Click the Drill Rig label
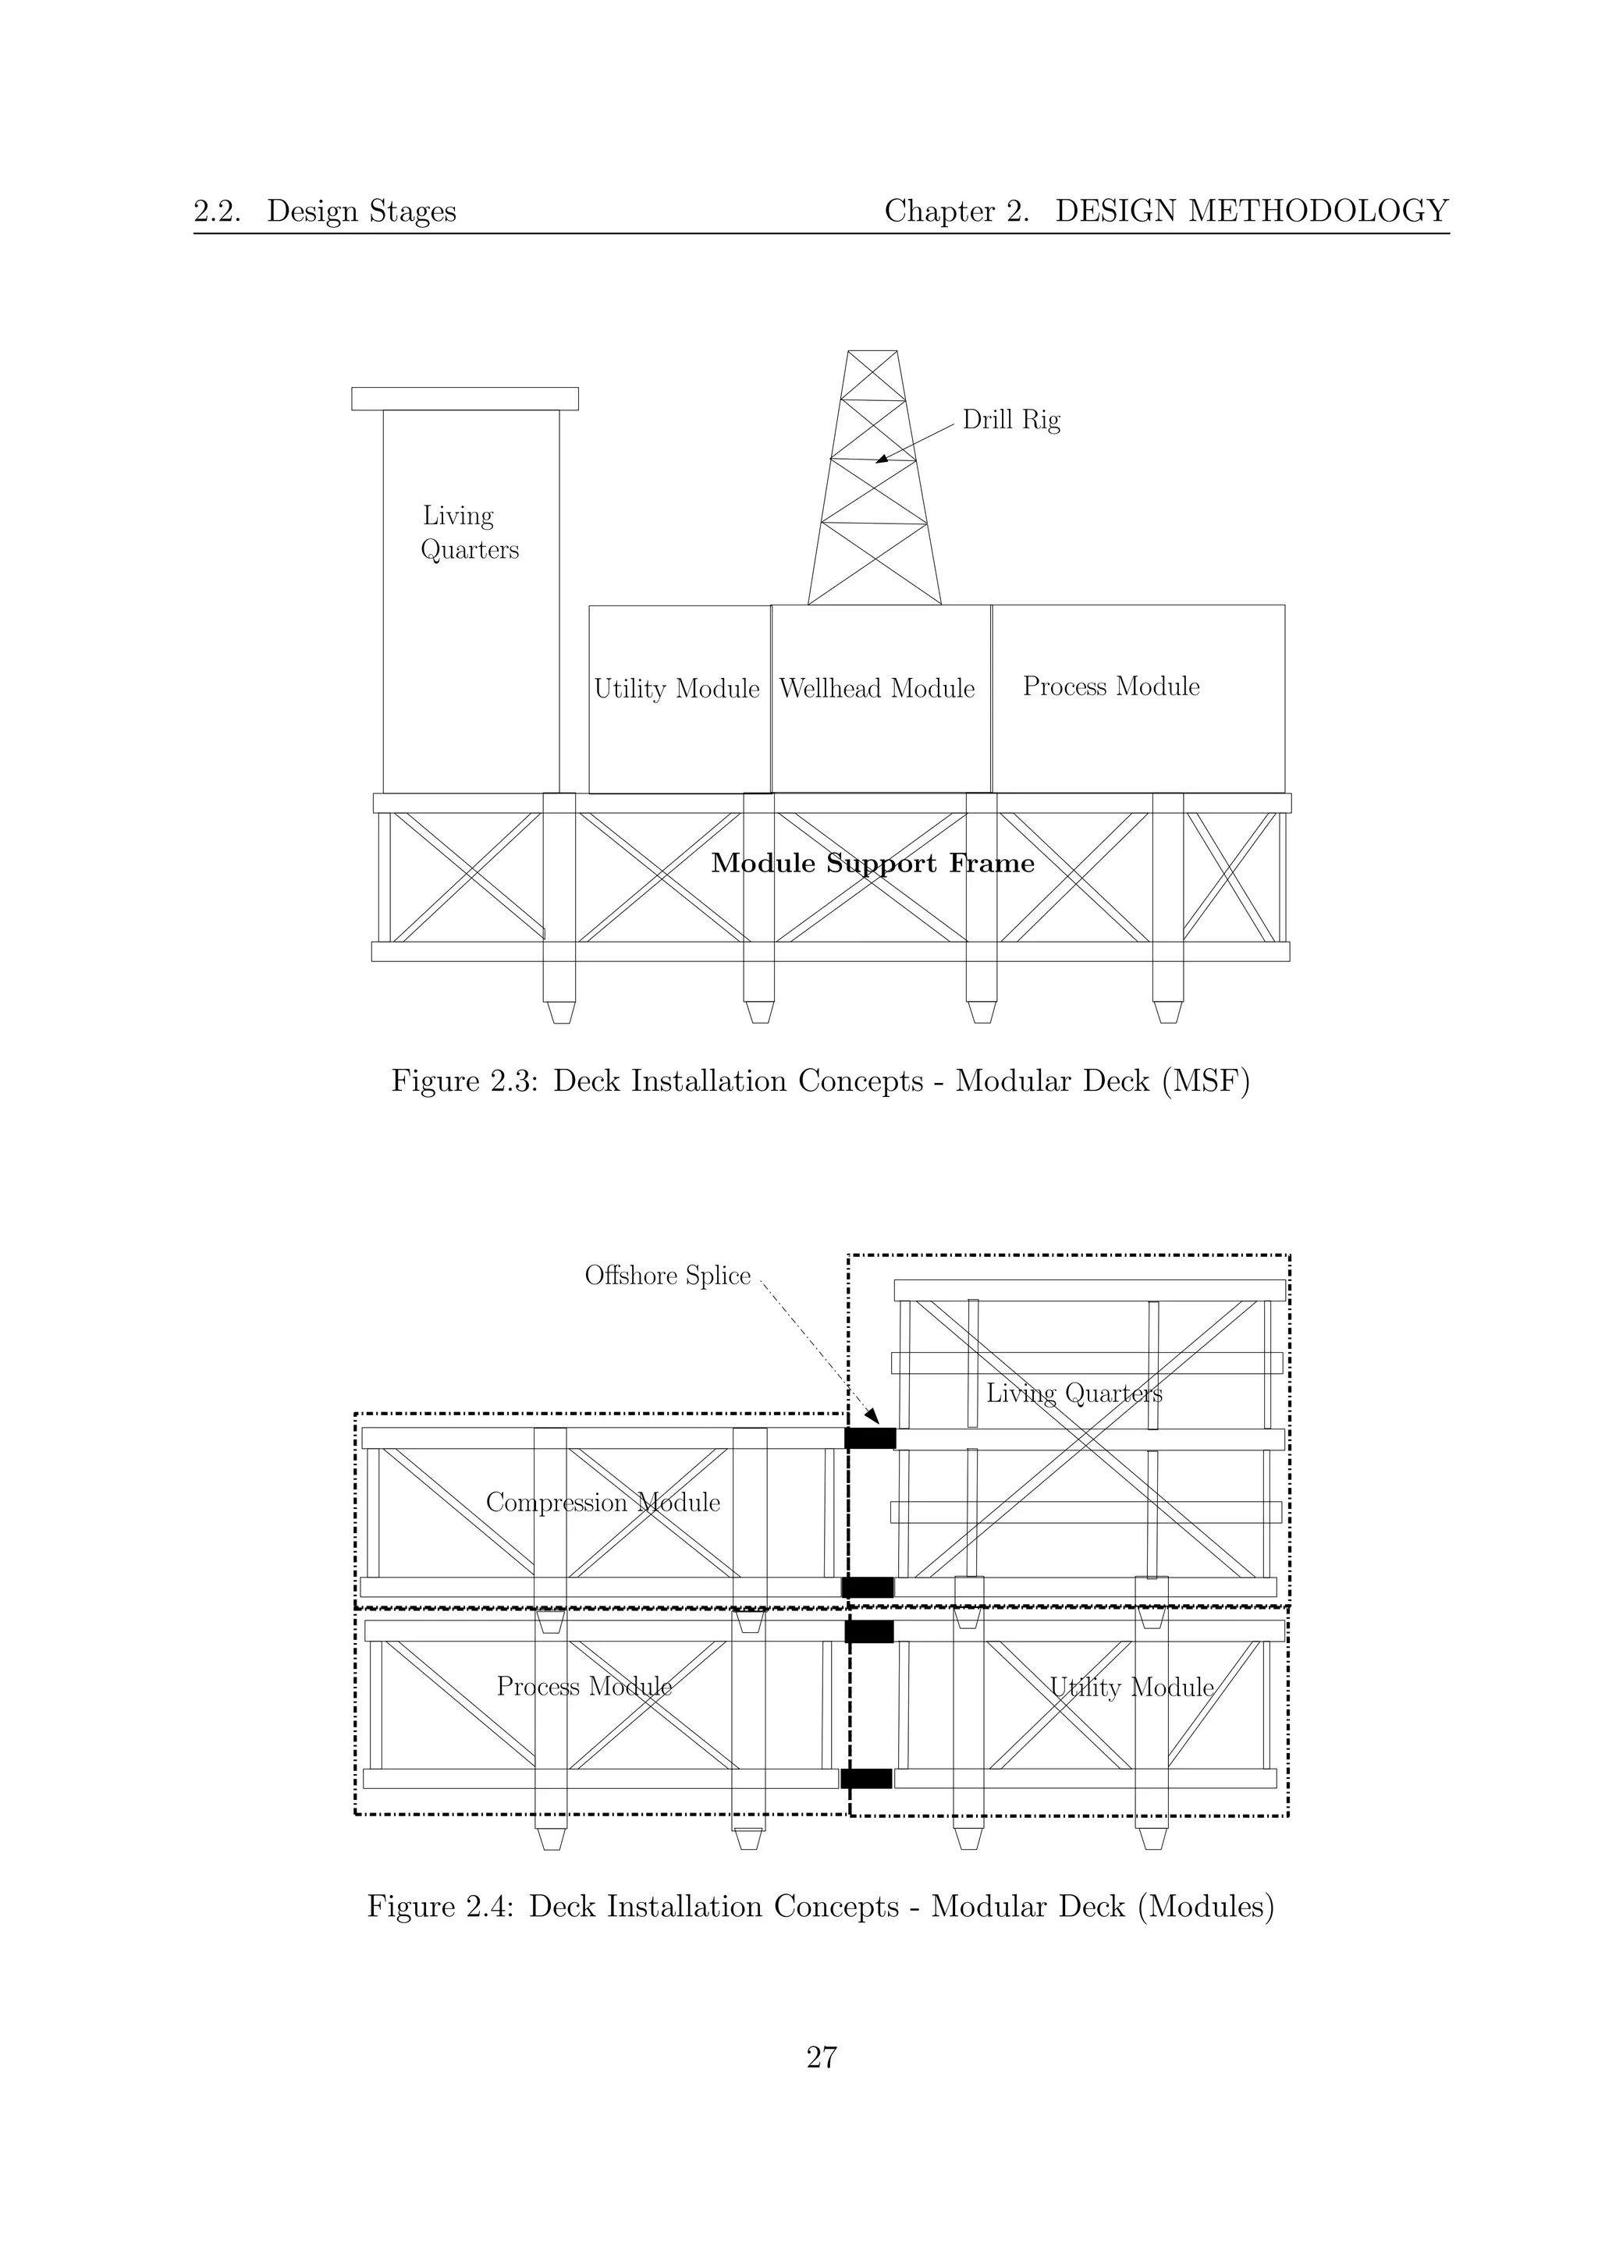point(1011,421)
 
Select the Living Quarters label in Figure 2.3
point(469,533)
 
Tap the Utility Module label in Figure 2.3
point(676,690)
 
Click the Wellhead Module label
point(876,690)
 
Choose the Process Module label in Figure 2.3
point(1110,687)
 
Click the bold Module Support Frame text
point(872,864)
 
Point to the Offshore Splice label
point(668,1276)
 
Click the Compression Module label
point(602,1503)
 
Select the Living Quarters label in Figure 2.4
point(1074,1393)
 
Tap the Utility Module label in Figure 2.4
point(1131,1688)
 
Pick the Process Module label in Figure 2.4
point(584,1687)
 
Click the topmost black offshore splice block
point(870,1439)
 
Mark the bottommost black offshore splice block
point(866,1779)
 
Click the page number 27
point(821,2057)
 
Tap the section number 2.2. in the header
point(217,211)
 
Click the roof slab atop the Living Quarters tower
point(465,399)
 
